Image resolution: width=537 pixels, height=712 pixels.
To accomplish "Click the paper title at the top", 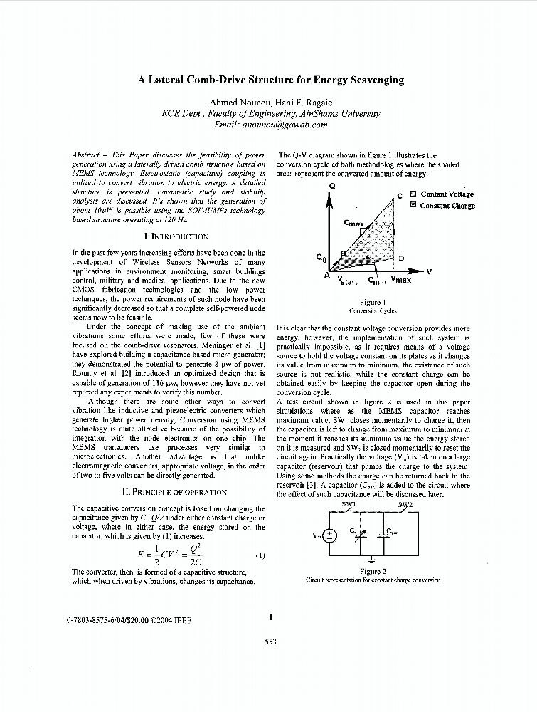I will [x=270, y=80].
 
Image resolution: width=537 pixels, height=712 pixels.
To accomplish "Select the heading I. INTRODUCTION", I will [x=176, y=236].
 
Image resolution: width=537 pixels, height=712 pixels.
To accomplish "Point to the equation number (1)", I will [x=260, y=555].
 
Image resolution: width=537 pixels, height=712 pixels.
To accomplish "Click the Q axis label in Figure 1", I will [x=331, y=186].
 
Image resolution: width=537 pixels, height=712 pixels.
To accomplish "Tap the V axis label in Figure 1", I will [x=429, y=271].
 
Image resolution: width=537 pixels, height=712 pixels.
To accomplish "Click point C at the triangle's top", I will [x=400, y=195].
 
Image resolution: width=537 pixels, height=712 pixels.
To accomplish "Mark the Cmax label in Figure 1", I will [x=353, y=224].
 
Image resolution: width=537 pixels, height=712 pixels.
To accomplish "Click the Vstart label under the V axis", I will [x=347, y=281].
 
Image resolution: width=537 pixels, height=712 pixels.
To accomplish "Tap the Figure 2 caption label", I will [x=373, y=571].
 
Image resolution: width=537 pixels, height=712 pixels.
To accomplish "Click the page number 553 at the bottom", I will [x=270, y=642].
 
